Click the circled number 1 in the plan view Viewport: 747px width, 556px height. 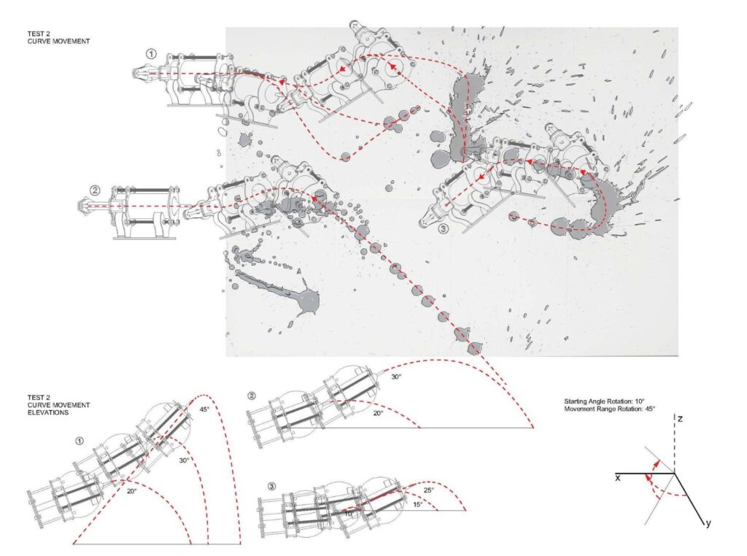151,53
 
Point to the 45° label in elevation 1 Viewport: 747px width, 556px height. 204,409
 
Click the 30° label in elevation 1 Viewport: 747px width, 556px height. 184,460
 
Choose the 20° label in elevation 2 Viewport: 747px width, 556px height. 378,413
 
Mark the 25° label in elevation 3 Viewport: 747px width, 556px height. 429,490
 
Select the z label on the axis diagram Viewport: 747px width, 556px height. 680,420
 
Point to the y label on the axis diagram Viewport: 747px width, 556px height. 708,523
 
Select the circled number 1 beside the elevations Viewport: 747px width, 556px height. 79,441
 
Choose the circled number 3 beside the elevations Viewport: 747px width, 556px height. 272,487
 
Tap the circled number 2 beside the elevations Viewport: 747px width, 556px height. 252,396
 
